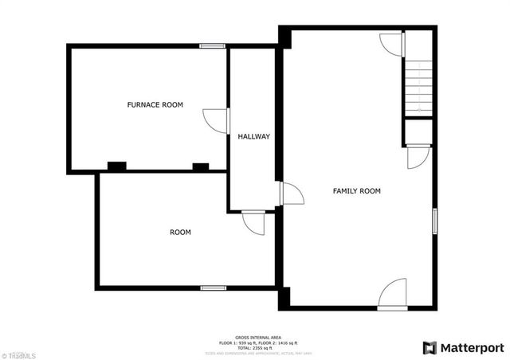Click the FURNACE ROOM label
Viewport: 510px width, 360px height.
pos(155,105)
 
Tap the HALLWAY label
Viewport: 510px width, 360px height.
pos(253,137)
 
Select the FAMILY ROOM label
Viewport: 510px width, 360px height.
pos(356,191)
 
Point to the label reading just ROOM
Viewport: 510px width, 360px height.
pos(180,233)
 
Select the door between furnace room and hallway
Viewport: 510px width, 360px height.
pos(217,120)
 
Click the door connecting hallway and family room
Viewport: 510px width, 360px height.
pos(291,194)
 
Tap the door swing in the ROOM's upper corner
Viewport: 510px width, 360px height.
pos(253,222)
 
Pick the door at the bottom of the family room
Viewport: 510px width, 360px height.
pos(393,295)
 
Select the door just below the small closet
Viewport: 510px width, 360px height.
pos(418,157)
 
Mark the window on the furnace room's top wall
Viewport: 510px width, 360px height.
pos(212,46)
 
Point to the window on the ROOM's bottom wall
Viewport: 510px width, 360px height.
pos(213,288)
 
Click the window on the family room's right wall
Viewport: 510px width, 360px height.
pos(434,221)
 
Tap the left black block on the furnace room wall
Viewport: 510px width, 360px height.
pos(117,166)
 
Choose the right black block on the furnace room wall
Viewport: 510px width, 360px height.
pos(200,167)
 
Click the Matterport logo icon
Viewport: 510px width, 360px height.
pos(430,347)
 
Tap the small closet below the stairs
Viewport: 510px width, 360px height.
pos(418,131)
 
